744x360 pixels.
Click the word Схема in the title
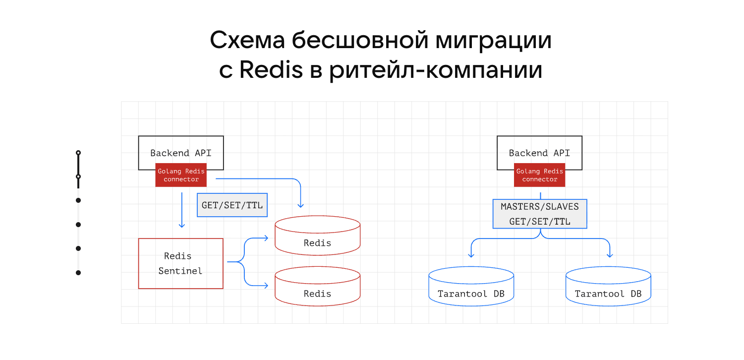[246, 41]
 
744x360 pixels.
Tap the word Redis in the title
[271, 70]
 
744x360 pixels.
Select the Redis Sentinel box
[180, 263]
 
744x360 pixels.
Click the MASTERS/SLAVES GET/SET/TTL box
[539, 214]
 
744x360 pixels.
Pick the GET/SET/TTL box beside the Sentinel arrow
[232, 205]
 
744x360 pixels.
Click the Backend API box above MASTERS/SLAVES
[539, 149]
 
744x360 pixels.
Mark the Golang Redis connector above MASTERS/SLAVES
[539, 175]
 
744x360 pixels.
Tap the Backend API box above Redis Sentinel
[180, 149]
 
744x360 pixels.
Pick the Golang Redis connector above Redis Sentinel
[181, 175]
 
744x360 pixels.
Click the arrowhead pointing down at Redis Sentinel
[181, 225]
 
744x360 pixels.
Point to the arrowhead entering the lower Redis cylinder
[266, 286]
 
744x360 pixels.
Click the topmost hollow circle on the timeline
[78, 153]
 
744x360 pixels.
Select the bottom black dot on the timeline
[78, 272]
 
